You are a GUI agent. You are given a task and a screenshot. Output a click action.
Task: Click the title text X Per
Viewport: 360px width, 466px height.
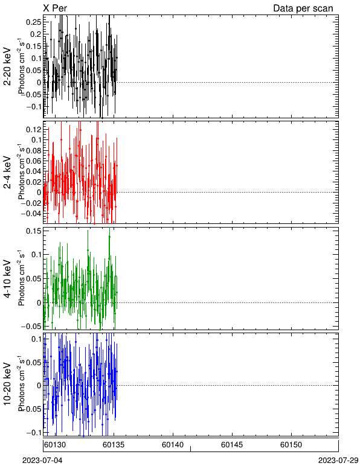tap(55, 8)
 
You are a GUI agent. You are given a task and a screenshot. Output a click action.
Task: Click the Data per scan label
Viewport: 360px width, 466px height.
tap(303, 8)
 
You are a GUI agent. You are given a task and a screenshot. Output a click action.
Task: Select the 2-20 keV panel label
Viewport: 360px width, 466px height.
tap(7, 66)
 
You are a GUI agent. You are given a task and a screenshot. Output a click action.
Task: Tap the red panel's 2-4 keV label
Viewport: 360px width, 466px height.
tap(7, 173)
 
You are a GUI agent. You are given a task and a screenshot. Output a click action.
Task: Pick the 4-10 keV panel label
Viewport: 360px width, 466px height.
tap(7, 279)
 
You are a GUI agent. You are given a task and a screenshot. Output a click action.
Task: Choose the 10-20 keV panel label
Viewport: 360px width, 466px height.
tap(7, 384)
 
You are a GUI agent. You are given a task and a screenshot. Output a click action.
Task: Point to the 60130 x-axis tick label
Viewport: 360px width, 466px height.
tap(55, 445)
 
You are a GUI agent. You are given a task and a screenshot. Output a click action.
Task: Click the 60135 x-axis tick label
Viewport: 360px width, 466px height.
tap(114, 445)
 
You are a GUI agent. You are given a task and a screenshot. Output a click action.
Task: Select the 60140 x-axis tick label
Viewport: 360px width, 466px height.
tap(173, 445)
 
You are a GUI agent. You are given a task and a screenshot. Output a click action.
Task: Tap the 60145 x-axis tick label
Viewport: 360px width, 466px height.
tap(232, 445)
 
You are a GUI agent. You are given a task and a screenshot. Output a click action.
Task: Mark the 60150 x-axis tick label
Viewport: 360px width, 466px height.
tap(291, 445)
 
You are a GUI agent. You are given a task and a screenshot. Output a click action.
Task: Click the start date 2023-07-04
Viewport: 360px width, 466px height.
tap(42, 461)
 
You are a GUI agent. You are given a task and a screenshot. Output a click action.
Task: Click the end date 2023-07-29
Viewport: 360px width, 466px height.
tap(338, 461)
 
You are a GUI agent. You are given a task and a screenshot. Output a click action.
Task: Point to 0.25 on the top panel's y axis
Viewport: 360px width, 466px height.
tap(34, 22)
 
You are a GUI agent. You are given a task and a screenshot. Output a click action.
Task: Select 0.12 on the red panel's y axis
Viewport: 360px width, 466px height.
tap(34, 129)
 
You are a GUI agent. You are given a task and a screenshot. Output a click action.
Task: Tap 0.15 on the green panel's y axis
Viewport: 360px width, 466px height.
tap(34, 231)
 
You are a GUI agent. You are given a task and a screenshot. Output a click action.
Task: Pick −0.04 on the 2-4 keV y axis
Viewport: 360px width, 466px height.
tap(31, 214)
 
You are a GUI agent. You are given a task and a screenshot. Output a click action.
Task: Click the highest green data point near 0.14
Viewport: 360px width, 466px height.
tap(109, 237)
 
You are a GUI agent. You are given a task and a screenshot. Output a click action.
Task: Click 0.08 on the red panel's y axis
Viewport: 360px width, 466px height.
tap(34, 150)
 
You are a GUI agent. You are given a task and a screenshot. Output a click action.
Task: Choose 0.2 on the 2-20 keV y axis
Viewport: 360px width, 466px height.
tap(36, 34)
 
